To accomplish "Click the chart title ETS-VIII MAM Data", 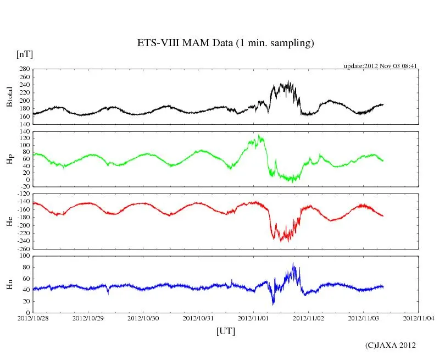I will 225,43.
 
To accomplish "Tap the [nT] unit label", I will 24,54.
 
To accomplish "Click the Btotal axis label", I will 9,97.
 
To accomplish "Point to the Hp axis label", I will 9,159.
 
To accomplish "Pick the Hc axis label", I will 9,221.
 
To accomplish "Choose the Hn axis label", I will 9,284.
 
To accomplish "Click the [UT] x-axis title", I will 225,331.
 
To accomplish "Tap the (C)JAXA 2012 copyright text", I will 391,345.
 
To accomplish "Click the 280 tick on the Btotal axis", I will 24,69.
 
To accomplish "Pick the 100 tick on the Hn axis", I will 24,256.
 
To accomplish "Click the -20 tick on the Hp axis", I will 24,187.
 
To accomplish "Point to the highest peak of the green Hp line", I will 259,135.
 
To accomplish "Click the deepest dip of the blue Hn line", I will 273,304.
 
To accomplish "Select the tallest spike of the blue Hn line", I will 293,263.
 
